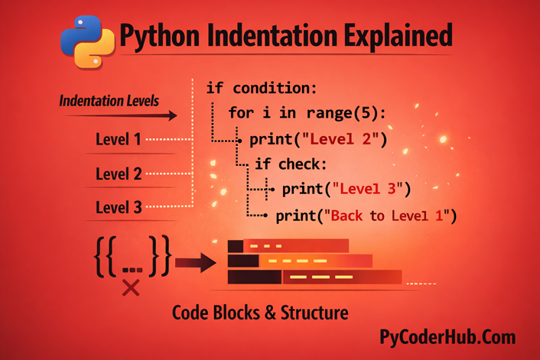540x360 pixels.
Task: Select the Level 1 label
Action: pyautogui.click(x=118, y=140)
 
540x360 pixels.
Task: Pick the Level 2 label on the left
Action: pyautogui.click(x=118, y=174)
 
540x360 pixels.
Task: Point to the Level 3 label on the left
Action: pyautogui.click(x=118, y=207)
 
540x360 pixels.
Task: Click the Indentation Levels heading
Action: pyautogui.click(x=109, y=100)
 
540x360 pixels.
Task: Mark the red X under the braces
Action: pyautogui.click(x=131, y=287)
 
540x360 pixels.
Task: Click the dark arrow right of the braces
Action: pyautogui.click(x=196, y=264)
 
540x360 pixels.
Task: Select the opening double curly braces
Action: pyautogui.click(x=108, y=257)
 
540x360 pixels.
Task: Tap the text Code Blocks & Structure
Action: pyautogui.click(x=260, y=313)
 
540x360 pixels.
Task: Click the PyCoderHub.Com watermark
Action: pyautogui.click(x=447, y=337)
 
